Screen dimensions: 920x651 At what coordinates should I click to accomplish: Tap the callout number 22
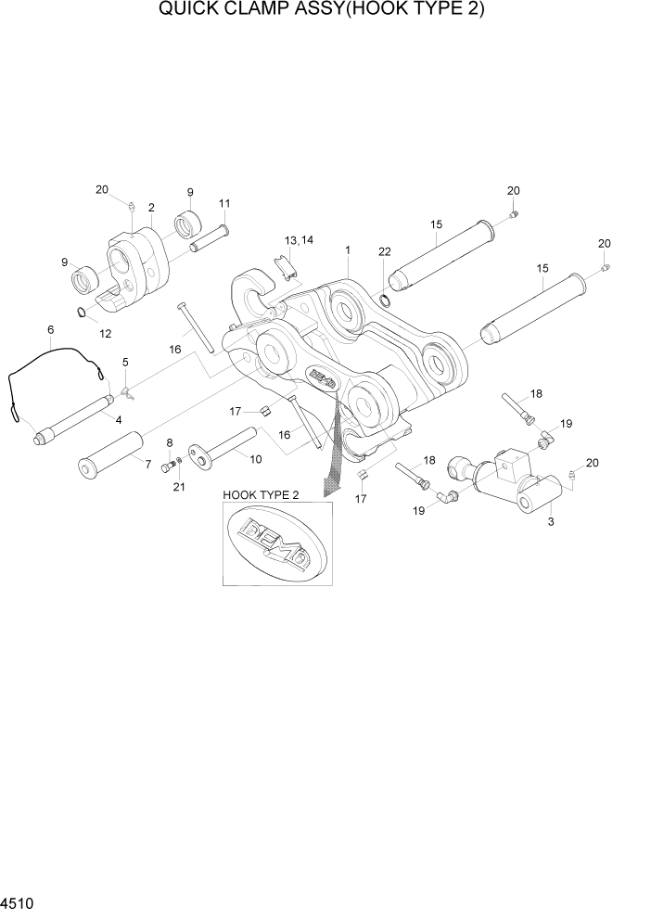point(385,252)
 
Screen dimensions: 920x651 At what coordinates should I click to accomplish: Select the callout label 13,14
point(300,240)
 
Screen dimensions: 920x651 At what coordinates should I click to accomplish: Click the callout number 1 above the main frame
point(347,250)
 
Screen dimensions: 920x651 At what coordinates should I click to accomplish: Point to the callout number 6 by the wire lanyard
point(50,329)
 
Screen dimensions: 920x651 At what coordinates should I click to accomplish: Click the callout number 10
point(256,458)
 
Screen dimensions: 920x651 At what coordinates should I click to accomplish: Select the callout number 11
point(224,203)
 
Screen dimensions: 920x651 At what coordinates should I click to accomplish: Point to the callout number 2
point(150,208)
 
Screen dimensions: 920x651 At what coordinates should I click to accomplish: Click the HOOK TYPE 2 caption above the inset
point(261,496)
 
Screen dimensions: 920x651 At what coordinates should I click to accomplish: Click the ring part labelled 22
point(385,300)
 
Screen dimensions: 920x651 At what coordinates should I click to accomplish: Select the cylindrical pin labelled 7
point(109,454)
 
